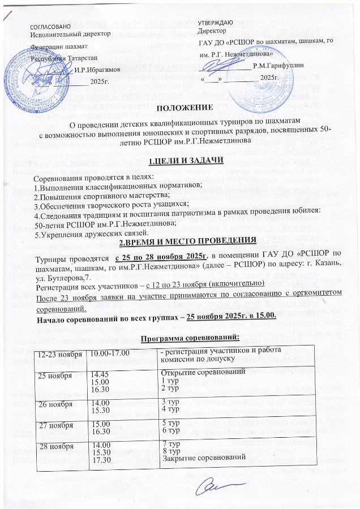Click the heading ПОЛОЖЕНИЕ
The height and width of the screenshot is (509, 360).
(x=181, y=107)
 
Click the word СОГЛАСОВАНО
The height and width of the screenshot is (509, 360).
(x=50, y=27)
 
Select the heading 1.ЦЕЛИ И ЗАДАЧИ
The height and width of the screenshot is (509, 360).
(x=180, y=162)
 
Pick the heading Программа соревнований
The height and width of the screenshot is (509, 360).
(x=181, y=337)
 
